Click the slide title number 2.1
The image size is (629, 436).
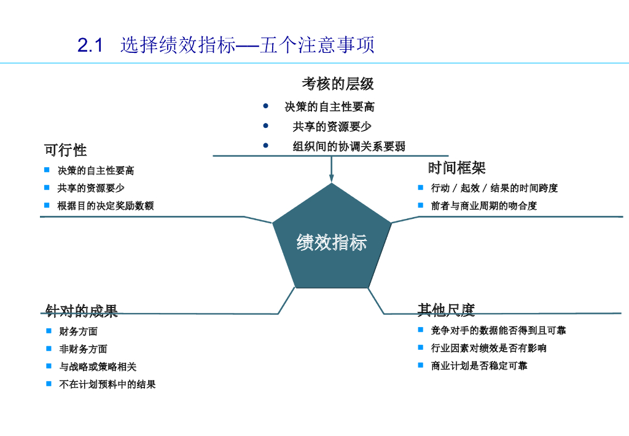click(x=90, y=46)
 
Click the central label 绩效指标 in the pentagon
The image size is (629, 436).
click(x=331, y=242)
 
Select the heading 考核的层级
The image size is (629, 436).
click(x=337, y=83)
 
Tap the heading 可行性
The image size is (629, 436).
click(x=65, y=150)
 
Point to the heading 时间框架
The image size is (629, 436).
click(x=456, y=167)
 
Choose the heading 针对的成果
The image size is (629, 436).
click(x=82, y=311)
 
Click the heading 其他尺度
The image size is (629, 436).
click(x=446, y=310)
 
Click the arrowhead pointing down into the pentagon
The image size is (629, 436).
click(x=332, y=178)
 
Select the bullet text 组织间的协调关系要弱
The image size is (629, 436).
click(x=349, y=146)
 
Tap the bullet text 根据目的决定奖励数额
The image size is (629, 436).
click(x=106, y=205)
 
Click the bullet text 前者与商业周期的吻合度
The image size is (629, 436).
click(x=484, y=205)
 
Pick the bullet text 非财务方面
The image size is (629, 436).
click(x=84, y=349)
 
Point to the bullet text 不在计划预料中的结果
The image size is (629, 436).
click(x=107, y=384)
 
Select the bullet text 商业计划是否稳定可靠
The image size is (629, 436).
click(x=479, y=366)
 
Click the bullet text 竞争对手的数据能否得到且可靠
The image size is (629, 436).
click(x=498, y=330)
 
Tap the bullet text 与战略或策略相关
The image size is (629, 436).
click(x=98, y=367)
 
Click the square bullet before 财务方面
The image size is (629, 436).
click(x=49, y=331)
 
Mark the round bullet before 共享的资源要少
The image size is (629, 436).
click(x=265, y=125)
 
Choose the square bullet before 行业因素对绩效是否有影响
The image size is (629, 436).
click(x=421, y=347)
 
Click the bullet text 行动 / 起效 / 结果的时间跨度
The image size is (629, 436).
click(x=494, y=188)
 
